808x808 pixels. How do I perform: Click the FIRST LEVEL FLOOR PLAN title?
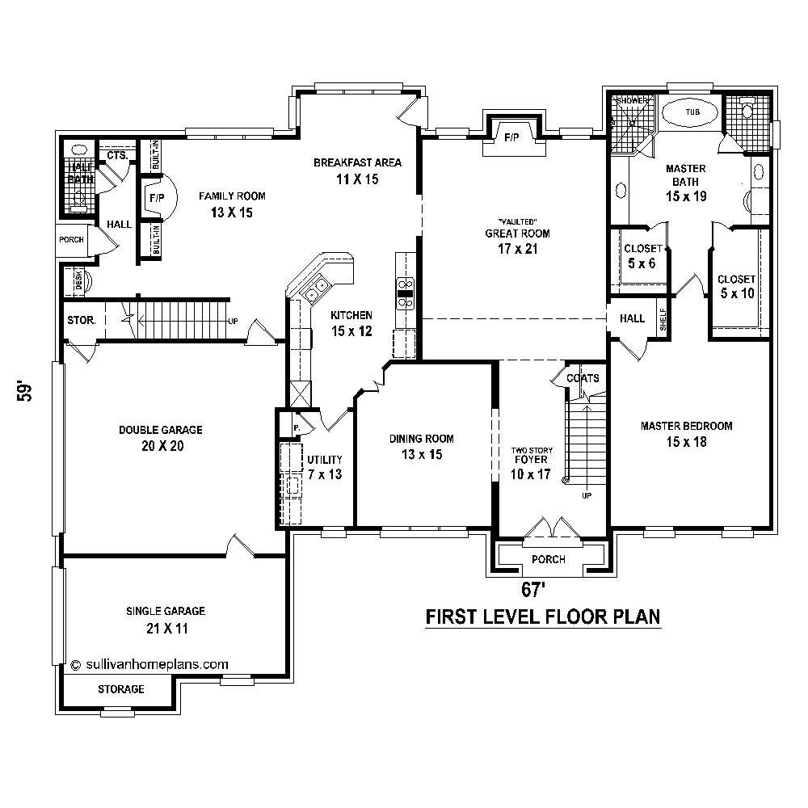[543, 617]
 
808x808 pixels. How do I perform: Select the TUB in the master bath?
[692, 112]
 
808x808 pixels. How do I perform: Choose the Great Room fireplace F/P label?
[511, 137]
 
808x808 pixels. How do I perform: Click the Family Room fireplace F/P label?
[154, 196]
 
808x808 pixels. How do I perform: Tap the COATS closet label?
[583, 377]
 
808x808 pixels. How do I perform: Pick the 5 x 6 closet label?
[643, 256]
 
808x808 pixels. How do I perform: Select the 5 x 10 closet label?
[736, 286]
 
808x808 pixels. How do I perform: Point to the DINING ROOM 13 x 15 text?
[422, 446]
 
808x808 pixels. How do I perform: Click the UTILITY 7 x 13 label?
[324, 467]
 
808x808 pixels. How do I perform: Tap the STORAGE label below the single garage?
[121, 689]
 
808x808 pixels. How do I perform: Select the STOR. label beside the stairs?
[82, 320]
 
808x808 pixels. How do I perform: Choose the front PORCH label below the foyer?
[549, 559]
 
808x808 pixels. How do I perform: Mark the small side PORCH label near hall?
[71, 240]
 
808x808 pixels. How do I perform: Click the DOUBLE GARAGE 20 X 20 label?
[161, 438]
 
